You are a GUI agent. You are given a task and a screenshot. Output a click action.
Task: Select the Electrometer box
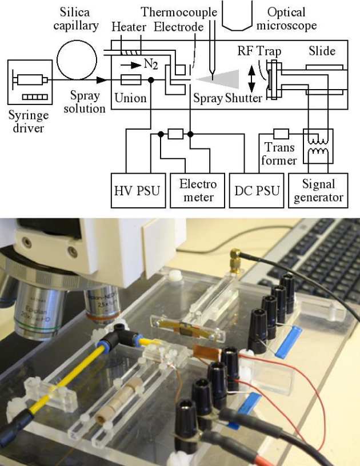coord(198,191)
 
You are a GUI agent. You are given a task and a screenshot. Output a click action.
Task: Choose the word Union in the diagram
coord(130,98)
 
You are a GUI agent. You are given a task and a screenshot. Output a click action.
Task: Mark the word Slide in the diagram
coord(322,51)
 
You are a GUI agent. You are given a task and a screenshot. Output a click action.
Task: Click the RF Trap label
coord(259,51)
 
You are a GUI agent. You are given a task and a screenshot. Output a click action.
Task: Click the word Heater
coord(129,27)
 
